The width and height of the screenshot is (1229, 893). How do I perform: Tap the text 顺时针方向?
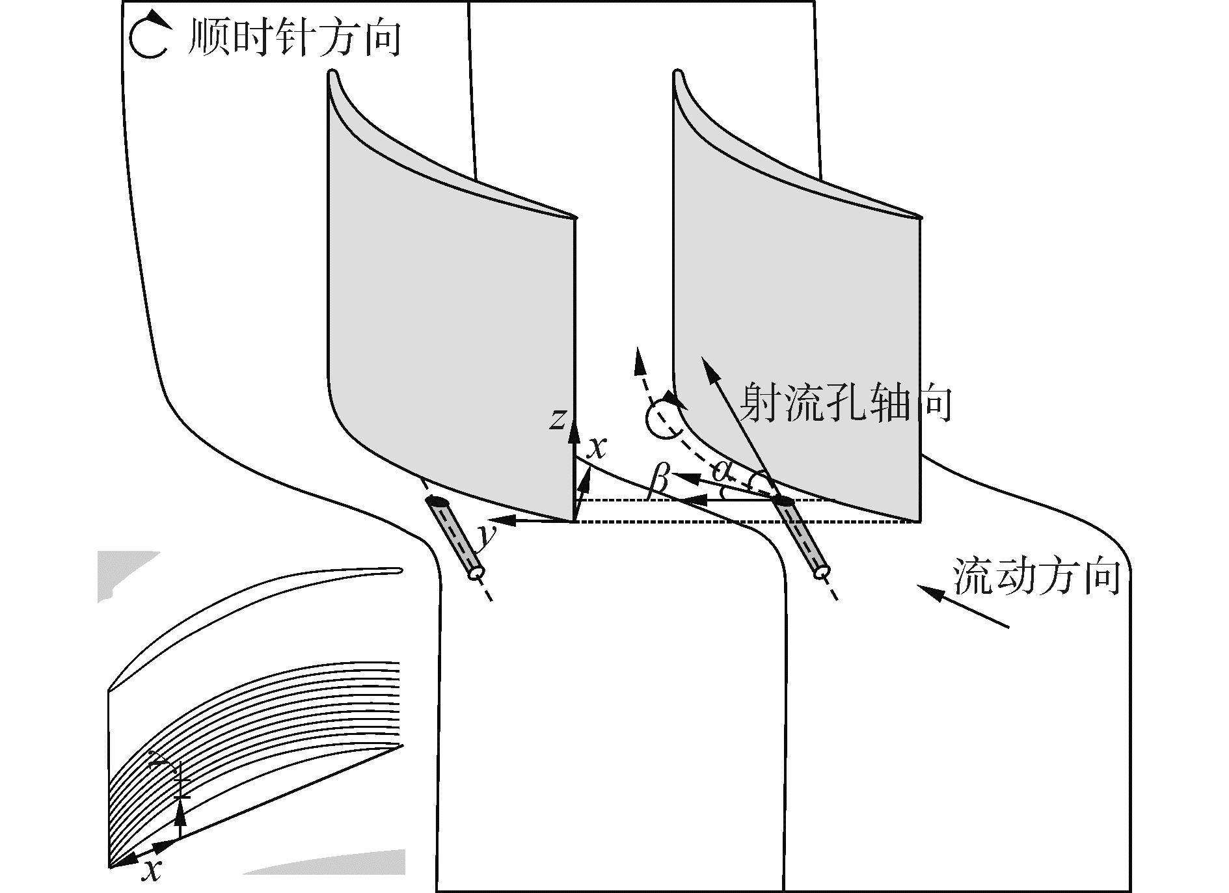(x=293, y=36)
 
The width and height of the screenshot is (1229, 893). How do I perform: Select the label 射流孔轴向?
(x=846, y=403)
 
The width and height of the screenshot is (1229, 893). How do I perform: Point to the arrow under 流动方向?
(x=963, y=607)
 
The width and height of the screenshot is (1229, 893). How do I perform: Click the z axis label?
(x=557, y=419)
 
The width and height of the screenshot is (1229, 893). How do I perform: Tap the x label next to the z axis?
(x=596, y=447)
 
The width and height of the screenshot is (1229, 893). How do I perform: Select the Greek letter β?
(x=659, y=482)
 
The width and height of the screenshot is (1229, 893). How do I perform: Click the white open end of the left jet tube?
(x=476, y=572)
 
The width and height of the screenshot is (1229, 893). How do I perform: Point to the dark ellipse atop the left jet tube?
(x=438, y=501)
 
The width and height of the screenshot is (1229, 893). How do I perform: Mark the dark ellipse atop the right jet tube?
(x=783, y=501)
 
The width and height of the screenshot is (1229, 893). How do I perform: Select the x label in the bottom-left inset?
(x=152, y=869)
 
